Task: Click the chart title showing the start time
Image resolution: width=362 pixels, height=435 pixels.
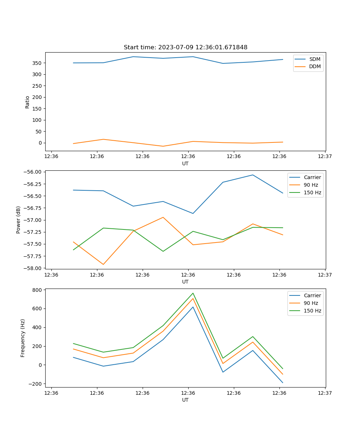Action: click(x=185, y=47)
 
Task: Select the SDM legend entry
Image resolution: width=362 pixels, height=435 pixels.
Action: click(x=315, y=59)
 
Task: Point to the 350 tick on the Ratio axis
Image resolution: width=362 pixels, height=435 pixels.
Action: click(x=37, y=63)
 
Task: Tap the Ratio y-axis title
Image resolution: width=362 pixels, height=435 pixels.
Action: click(x=28, y=102)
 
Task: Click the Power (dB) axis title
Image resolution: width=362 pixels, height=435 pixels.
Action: click(x=18, y=220)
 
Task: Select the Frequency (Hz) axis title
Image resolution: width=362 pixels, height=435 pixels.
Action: click(x=23, y=338)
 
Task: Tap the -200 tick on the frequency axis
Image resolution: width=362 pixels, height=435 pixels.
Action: click(x=35, y=384)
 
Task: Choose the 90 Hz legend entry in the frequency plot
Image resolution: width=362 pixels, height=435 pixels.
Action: click(x=311, y=303)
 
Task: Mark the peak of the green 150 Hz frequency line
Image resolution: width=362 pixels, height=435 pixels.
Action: click(x=193, y=293)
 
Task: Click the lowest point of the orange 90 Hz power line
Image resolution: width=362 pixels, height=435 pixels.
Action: click(x=103, y=264)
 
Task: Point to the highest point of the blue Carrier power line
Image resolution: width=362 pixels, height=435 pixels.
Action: click(x=253, y=175)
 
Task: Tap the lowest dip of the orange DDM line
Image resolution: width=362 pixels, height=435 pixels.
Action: click(x=163, y=146)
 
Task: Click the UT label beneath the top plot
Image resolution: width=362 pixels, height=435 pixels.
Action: click(x=185, y=163)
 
